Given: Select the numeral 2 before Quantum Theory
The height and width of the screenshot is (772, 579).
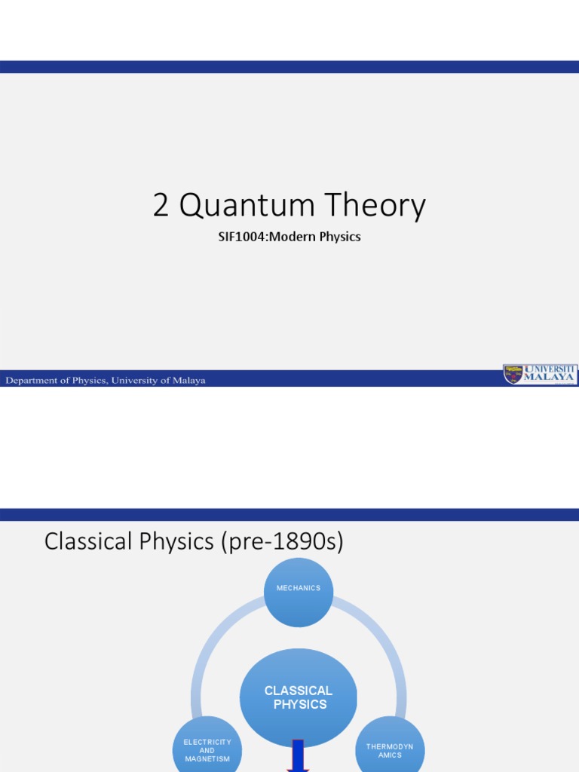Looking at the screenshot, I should (x=161, y=206).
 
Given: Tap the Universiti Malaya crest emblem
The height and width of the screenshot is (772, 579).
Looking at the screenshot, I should (x=513, y=374).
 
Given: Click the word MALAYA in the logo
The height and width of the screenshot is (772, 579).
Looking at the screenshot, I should (x=550, y=376).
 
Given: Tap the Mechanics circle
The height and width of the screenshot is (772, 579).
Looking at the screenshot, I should (x=299, y=592).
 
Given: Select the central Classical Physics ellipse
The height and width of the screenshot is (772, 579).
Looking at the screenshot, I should (x=299, y=697).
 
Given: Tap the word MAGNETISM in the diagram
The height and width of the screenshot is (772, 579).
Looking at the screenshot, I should (x=207, y=759).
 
